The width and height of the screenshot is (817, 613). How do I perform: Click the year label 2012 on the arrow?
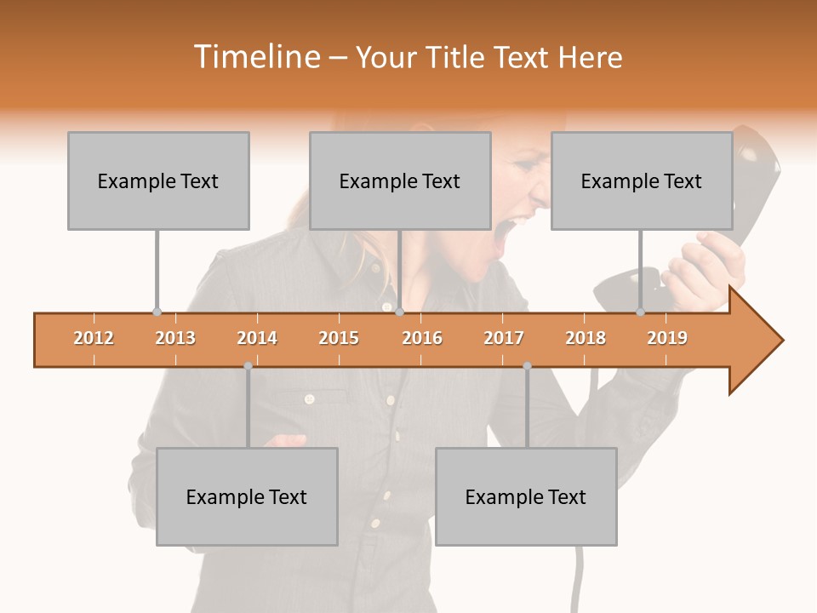tap(94, 338)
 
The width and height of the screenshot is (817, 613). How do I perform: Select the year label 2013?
tap(175, 338)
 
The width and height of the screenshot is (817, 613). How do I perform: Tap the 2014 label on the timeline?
tap(257, 338)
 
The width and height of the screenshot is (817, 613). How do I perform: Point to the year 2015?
tap(339, 338)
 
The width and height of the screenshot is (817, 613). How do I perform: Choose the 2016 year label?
tap(422, 338)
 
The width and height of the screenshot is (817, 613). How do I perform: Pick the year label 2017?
tap(504, 338)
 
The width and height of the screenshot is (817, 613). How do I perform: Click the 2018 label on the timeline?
tap(586, 338)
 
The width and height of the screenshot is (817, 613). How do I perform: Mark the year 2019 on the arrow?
tap(667, 338)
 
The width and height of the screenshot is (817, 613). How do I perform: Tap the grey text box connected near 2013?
tap(158, 180)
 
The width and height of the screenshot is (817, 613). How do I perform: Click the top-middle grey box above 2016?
tap(400, 180)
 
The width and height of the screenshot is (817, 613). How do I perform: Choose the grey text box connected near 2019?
tap(642, 180)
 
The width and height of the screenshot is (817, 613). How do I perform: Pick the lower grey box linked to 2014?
tap(247, 496)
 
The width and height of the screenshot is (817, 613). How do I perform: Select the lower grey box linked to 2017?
tap(526, 496)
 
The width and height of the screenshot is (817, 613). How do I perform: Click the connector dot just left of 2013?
tap(157, 312)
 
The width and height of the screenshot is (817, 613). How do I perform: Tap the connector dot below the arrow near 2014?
tap(248, 366)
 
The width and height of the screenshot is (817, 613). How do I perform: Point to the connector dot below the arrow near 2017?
tap(527, 366)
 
